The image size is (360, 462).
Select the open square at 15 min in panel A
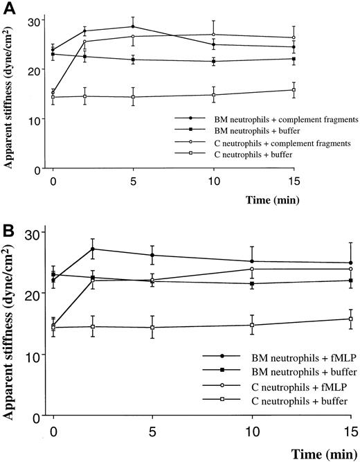pos(294,90)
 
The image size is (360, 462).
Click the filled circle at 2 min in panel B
pos(93,249)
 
